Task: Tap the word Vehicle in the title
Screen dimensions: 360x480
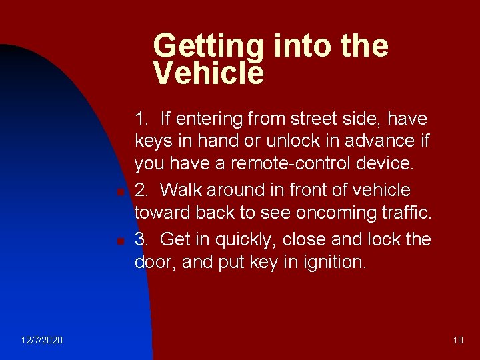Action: point(208,72)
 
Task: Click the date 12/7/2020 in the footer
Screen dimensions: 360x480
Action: point(42,341)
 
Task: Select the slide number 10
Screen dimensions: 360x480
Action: point(458,341)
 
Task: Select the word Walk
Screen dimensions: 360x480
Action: point(181,190)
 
